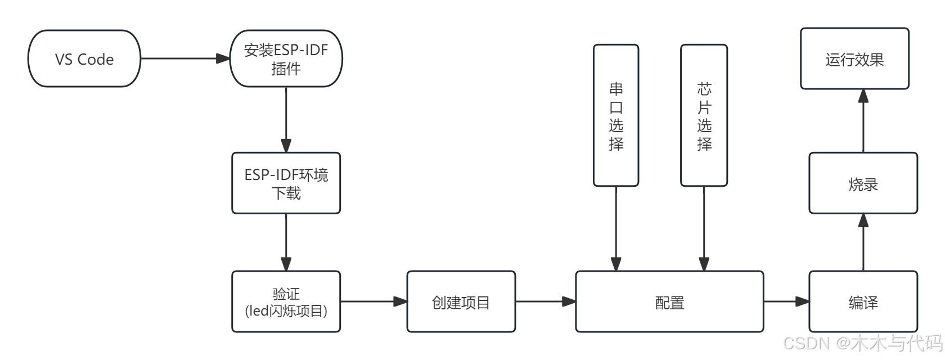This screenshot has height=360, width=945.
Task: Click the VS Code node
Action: coord(84,59)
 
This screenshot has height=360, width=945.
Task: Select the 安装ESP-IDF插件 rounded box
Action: coord(286,59)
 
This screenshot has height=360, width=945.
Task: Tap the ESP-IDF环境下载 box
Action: coord(286,183)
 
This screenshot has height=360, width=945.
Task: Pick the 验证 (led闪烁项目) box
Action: coord(286,302)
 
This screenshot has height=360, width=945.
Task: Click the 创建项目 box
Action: coord(461,302)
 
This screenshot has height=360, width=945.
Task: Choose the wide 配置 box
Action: coord(669,302)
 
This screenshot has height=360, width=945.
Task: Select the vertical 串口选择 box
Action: coord(616,116)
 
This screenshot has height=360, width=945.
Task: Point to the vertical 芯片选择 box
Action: coord(704,116)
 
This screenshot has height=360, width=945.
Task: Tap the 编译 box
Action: coord(863,302)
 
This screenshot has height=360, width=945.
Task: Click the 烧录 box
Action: coord(863,183)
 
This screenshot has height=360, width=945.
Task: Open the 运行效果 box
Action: coord(854,59)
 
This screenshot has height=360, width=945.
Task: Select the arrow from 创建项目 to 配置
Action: coord(545,301)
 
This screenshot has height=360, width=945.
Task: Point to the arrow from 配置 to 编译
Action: coord(786,301)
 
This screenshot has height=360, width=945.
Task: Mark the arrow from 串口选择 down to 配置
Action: coord(616,228)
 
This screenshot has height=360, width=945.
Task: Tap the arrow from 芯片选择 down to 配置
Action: coord(704,228)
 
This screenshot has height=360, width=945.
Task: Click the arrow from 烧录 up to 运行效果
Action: coord(863,120)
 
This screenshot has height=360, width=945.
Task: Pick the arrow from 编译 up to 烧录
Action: coord(863,242)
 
